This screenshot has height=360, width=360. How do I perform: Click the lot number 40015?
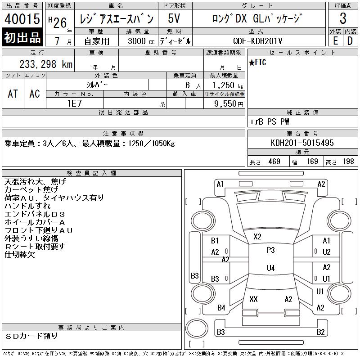click(22, 18)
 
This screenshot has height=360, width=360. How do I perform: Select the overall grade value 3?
click(343, 18)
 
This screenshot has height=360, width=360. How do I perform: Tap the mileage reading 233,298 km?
click(46, 64)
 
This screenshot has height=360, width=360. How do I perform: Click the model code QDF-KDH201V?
click(257, 41)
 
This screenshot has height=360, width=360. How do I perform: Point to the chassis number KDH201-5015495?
click(302, 143)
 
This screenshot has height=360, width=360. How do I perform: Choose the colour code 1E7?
click(75, 103)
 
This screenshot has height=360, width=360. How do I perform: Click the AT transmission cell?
click(13, 94)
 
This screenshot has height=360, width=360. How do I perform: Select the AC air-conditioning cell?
click(35, 94)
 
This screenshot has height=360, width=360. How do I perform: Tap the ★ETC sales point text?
click(257, 63)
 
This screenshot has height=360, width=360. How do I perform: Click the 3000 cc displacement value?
click(141, 41)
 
